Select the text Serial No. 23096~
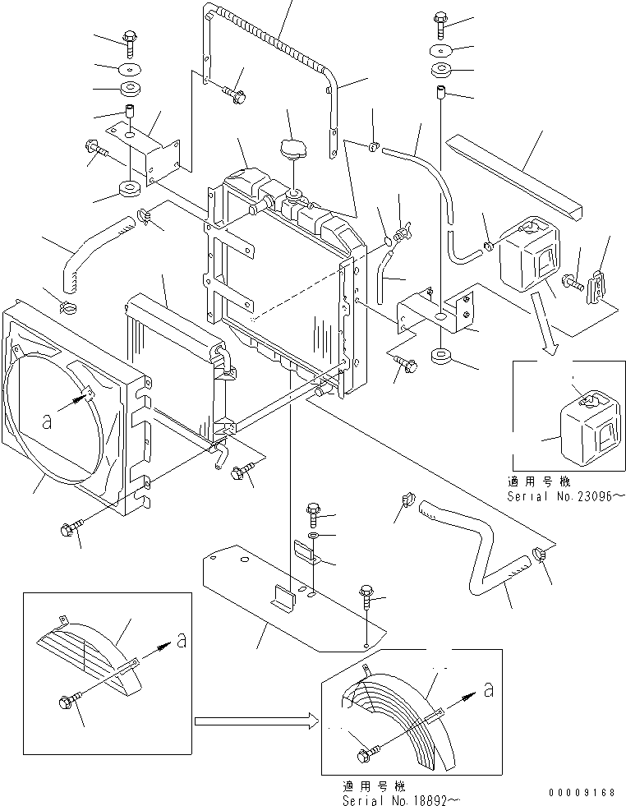click(x=566, y=496)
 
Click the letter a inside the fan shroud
click(x=47, y=421)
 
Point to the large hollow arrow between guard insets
click(x=255, y=721)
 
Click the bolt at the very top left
click(x=130, y=36)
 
